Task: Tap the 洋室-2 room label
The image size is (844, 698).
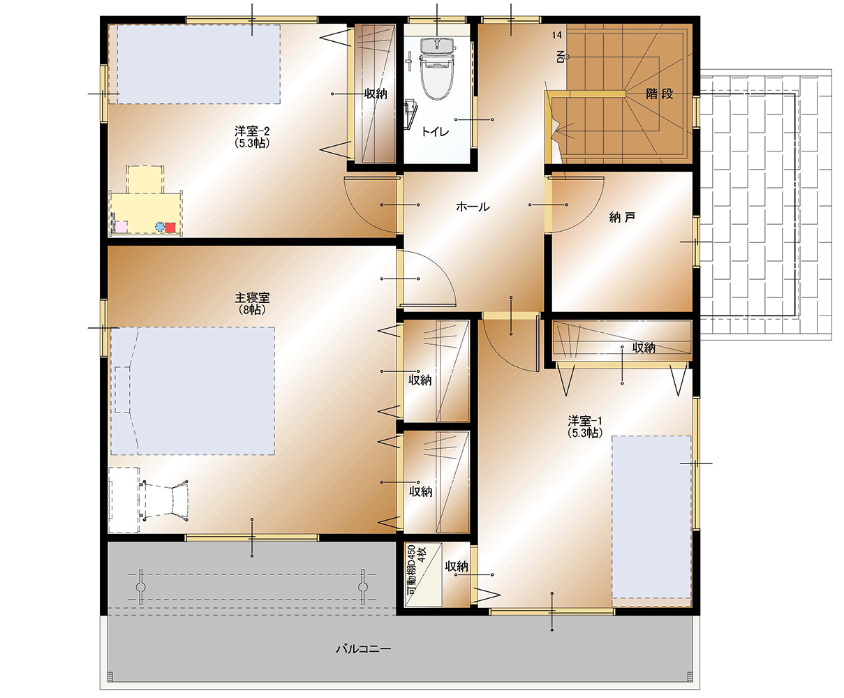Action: [252, 137]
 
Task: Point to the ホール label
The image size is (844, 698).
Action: [473, 207]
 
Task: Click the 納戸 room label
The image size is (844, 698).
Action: [622, 218]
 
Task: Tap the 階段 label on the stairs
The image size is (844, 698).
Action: [659, 94]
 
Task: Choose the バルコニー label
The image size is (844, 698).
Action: [364, 649]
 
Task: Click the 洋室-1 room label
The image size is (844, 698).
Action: [585, 426]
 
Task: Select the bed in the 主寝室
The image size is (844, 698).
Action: [193, 391]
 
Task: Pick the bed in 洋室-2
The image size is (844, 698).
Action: [199, 64]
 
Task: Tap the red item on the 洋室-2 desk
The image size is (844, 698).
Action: [170, 228]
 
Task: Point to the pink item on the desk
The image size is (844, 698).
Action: [121, 227]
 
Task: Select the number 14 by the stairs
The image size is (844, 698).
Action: [556, 35]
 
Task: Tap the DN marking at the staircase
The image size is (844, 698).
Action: [560, 57]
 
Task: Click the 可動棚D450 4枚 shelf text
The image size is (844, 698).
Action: [416, 570]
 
